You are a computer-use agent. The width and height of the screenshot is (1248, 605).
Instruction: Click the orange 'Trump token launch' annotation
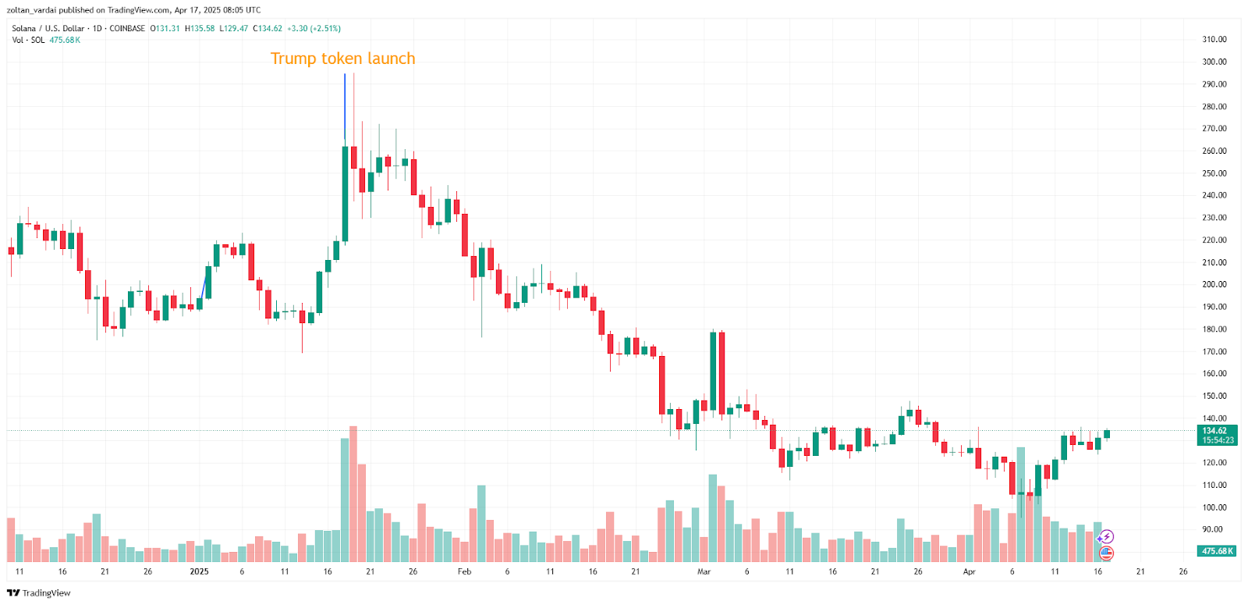pos(342,59)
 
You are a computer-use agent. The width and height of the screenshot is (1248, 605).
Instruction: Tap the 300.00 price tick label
pos(1214,62)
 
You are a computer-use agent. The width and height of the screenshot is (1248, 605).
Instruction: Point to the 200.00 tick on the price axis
pos(1214,285)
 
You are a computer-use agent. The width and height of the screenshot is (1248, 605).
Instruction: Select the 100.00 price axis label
pos(1214,507)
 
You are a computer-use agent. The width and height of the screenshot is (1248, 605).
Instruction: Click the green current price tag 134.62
pos(1216,431)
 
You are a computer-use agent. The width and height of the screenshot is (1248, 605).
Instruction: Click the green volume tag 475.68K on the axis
pos(1217,551)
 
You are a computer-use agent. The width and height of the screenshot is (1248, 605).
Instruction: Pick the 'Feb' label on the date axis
pos(464,571)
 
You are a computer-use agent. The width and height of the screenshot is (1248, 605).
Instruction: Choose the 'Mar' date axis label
pos(704,571)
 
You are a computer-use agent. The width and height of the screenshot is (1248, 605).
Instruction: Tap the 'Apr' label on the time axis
pos(969,571)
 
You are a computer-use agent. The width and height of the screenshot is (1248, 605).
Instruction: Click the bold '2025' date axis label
pos(199,571)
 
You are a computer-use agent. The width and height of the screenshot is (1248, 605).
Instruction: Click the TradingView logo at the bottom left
pos(38,593)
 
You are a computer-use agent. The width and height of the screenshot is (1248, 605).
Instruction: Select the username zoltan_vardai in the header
pos(33,10)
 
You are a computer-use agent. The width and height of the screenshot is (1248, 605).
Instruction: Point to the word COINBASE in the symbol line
pos(127,29)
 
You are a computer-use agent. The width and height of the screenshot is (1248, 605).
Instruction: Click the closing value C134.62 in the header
pos(268,29)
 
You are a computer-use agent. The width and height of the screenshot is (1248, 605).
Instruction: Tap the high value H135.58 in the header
pos(200,29)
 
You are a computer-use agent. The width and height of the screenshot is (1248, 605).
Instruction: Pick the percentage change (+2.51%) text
pos(325,29)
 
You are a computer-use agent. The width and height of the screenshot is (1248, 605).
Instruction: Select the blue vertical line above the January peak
pos(345,105)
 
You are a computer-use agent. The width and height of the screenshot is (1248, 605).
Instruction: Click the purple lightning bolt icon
pos(1106,537)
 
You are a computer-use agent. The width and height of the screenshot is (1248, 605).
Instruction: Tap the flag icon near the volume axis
pos(1106,553)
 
